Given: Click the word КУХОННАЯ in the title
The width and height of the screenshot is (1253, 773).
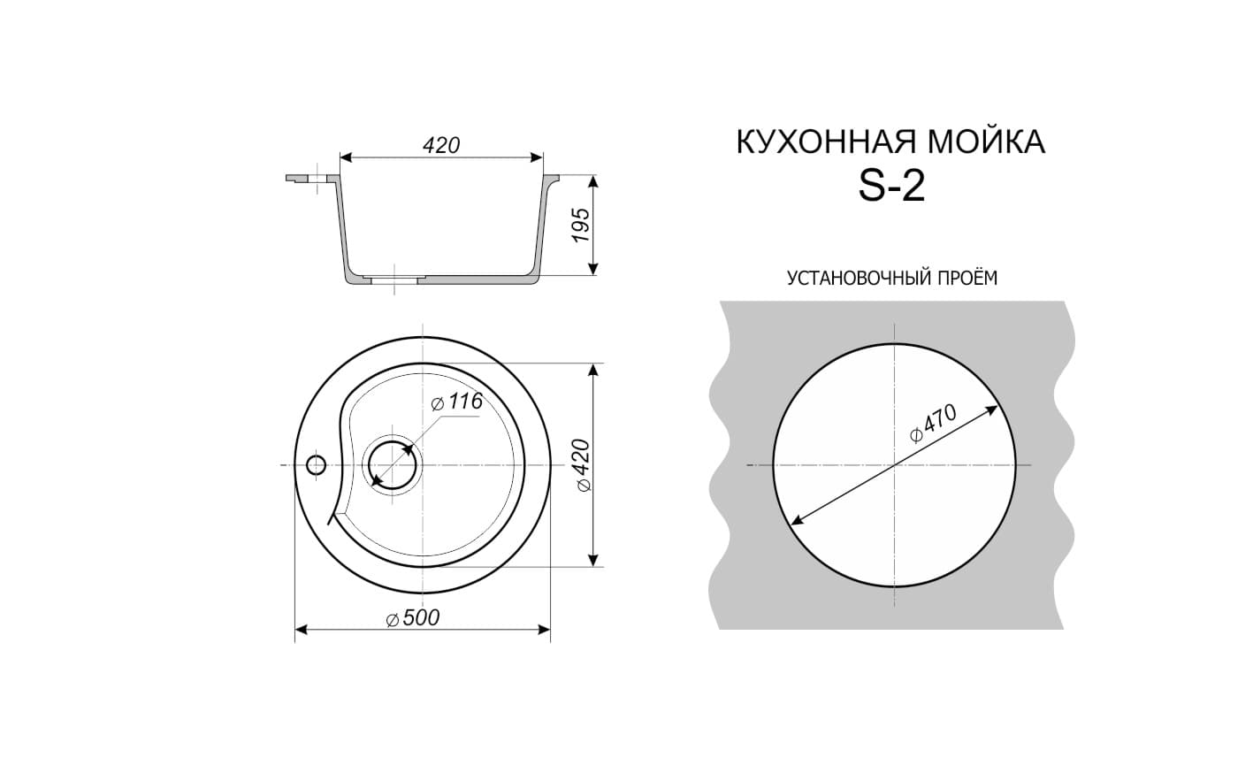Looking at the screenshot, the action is coord(827,142).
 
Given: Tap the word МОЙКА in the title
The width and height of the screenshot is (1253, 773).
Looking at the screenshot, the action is coord(987,142).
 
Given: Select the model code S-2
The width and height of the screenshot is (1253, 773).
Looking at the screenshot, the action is coord(891,186).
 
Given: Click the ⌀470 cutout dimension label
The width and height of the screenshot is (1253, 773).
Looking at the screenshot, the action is coord(933,423).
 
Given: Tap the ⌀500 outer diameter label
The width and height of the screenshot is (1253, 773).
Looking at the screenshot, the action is coord(413,617).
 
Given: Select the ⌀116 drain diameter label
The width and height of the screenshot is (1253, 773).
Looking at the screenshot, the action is coord(457,401).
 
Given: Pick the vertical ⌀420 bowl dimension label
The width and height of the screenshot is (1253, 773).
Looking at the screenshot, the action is coord(583,466).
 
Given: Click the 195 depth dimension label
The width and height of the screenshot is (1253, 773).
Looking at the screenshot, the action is coord(581,226).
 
